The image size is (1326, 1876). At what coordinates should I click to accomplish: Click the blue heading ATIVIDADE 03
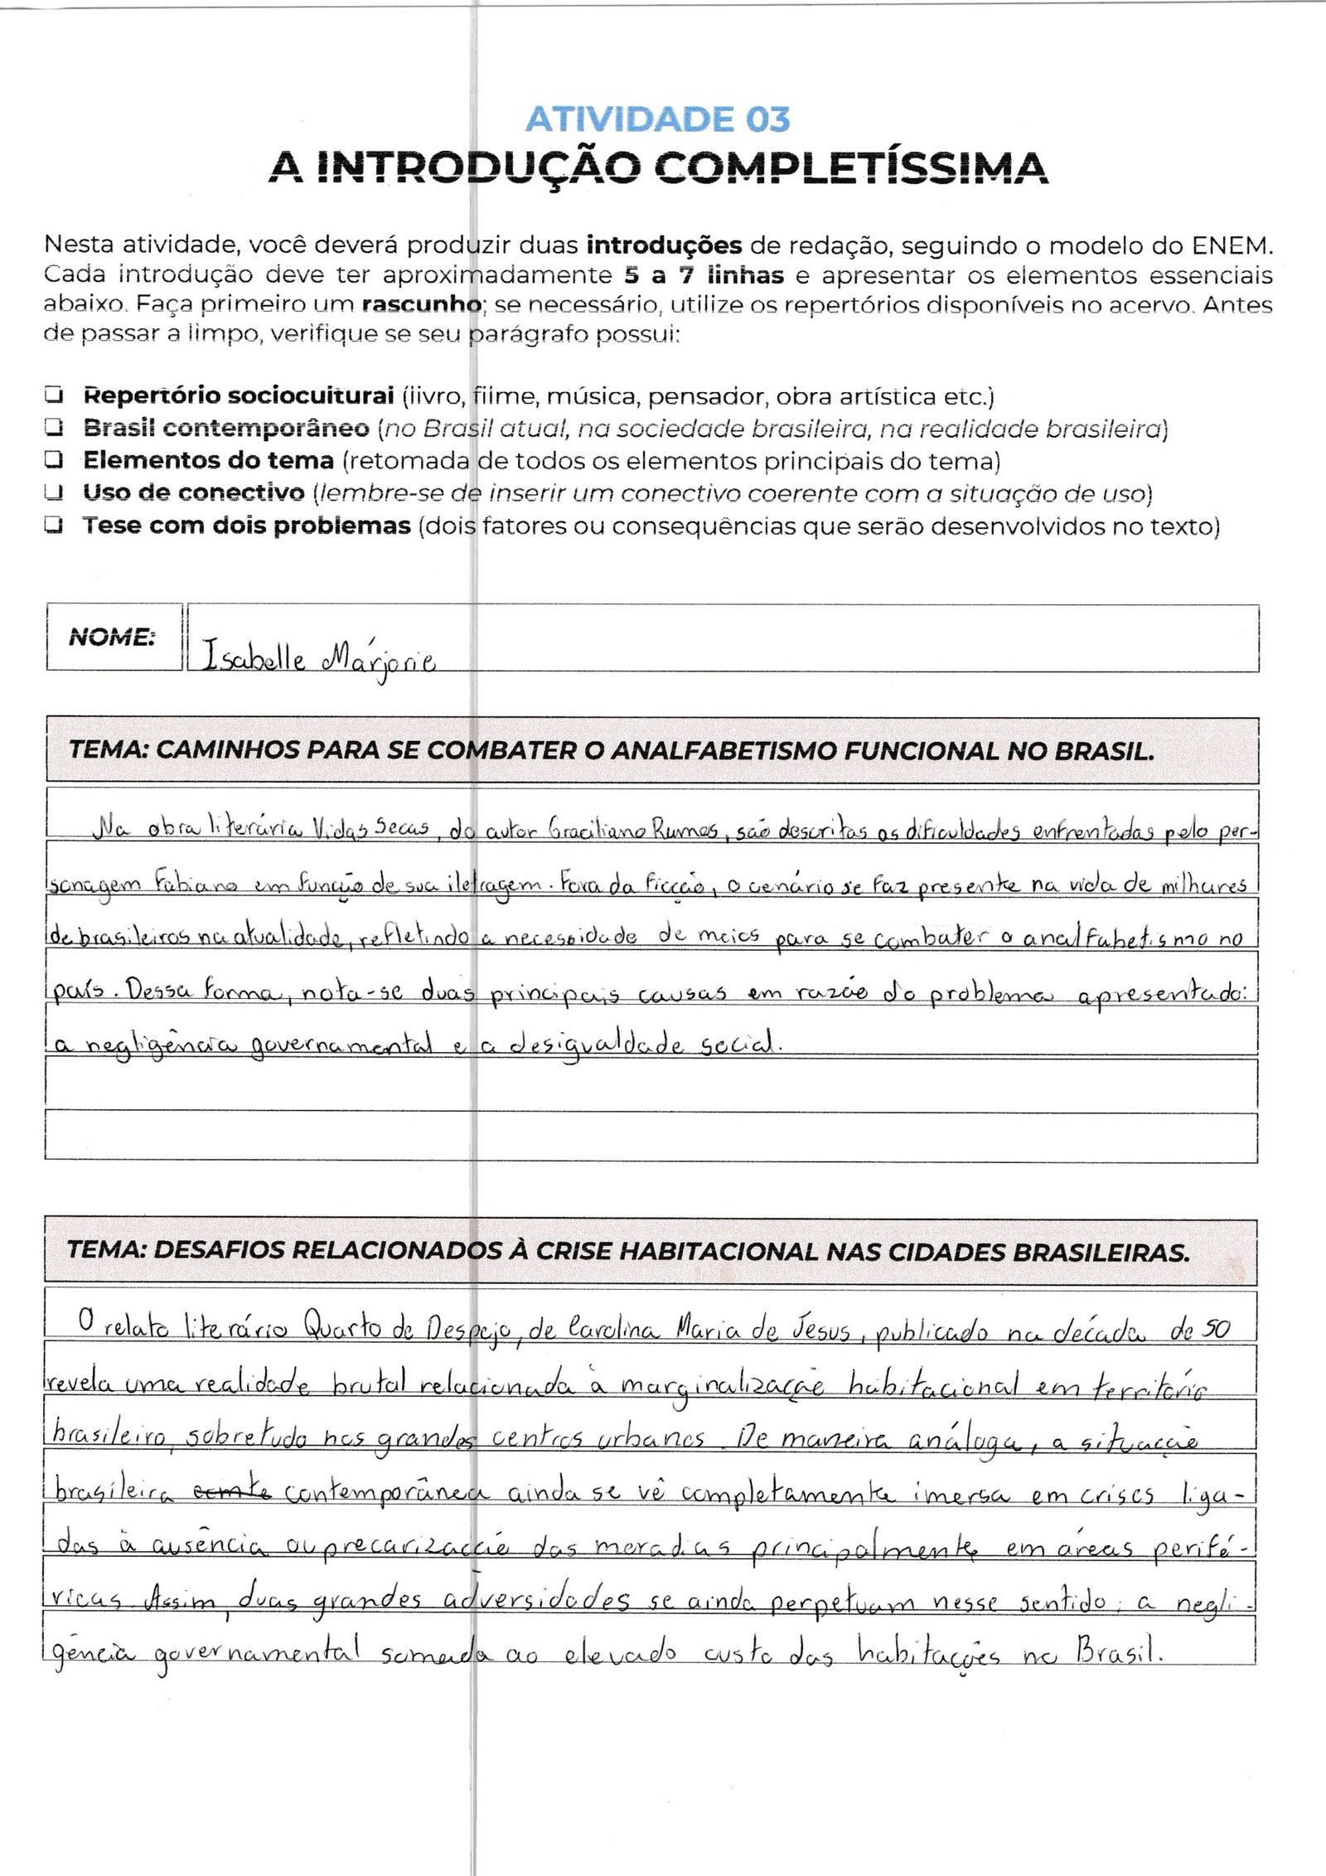[x=658, y=120]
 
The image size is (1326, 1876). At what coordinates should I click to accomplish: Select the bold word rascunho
[x=422, y=305]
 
